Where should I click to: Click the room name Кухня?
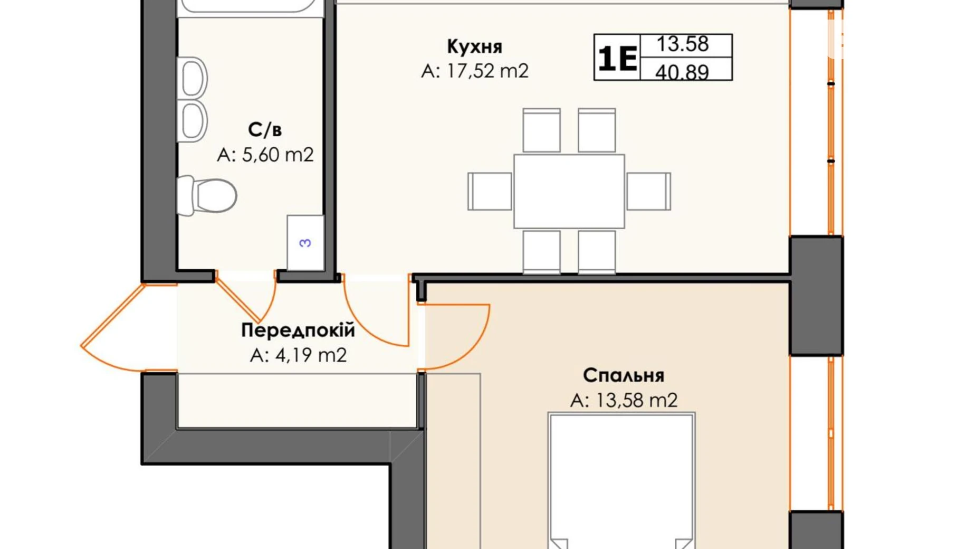[x=474, y=46]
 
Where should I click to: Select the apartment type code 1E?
[x=617, y=58]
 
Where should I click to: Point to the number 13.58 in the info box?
[x=682, y=44]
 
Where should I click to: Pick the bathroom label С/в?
[x=265, y=129]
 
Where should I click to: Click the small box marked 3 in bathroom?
[x=305, y=243]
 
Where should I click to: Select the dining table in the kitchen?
[x=569, y=191]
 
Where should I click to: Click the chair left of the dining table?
[x=490, y=191]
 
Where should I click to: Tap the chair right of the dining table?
[x=648, y=191]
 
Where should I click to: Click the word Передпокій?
[x=298, y=330]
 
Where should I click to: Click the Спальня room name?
[x=623, y=375]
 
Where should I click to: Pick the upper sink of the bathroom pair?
[x=193, y=78]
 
